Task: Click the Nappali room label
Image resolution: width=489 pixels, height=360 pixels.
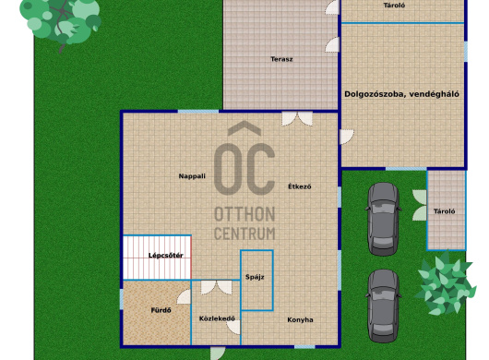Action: coord(192,176)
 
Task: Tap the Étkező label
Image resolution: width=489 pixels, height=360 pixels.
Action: coord(299,186)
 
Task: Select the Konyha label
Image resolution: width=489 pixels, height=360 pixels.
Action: coord(300,319)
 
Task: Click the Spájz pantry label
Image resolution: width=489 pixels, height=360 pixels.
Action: coord(255,277)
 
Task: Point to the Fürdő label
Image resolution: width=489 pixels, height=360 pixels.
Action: coord(161,310)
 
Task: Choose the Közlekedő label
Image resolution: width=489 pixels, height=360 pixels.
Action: coord(217,318)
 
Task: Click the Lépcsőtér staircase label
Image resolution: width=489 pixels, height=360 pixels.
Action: coord(165,256)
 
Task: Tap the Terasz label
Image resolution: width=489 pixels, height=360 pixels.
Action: coord(281,59)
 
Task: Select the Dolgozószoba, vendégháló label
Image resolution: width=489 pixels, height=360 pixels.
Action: coord(401,94)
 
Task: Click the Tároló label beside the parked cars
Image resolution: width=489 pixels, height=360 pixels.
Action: coord(445,211)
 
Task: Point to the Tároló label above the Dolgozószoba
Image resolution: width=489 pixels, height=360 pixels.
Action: coord(394,6)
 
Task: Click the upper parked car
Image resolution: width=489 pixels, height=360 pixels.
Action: coord(383,219)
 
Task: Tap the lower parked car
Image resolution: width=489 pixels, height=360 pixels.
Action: coord(383,306)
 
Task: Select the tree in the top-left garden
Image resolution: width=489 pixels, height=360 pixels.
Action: coord(61,23)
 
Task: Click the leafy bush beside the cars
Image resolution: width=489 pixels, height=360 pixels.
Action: coord(446,283)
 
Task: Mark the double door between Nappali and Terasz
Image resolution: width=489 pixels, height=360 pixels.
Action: coord(297,118)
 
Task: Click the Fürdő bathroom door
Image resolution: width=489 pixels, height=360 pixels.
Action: coord(184,296)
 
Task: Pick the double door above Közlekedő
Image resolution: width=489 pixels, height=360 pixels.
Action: coord(216,287)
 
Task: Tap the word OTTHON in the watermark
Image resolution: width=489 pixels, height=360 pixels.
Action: coord(244,214)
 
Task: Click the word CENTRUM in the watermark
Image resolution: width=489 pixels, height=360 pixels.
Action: coord(244,234)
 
